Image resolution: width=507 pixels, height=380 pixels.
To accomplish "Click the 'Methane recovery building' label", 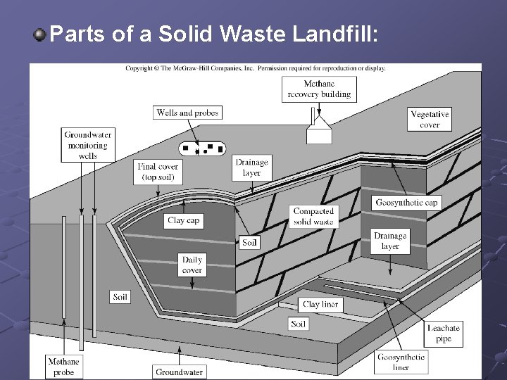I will coord(319,89).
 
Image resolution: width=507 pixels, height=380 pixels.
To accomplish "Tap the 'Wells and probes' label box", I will coord(187,113).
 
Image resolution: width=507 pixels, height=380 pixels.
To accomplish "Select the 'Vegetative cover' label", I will coord(430,120).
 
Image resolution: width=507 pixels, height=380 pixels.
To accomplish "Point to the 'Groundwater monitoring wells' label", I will coord(88,145).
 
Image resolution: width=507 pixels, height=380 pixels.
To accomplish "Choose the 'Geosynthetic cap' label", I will coord(407,203).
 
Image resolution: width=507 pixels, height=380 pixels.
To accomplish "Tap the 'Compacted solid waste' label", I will coord(313,216).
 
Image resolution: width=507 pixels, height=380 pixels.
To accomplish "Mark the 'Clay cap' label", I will coord(184,220).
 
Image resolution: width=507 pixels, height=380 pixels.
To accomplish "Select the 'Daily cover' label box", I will coord(192,265).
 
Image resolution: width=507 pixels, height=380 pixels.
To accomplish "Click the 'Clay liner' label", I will coord(320,305).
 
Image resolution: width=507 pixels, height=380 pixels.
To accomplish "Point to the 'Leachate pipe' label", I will coord(444,334).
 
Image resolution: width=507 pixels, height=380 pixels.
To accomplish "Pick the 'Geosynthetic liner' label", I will coord(401,362).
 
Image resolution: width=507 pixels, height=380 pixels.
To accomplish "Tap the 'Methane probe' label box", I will coord(63,367).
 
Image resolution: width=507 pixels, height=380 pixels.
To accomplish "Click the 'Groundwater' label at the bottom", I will coord(179,372).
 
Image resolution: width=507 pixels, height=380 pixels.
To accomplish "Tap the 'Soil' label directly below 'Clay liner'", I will coord(299,324).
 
